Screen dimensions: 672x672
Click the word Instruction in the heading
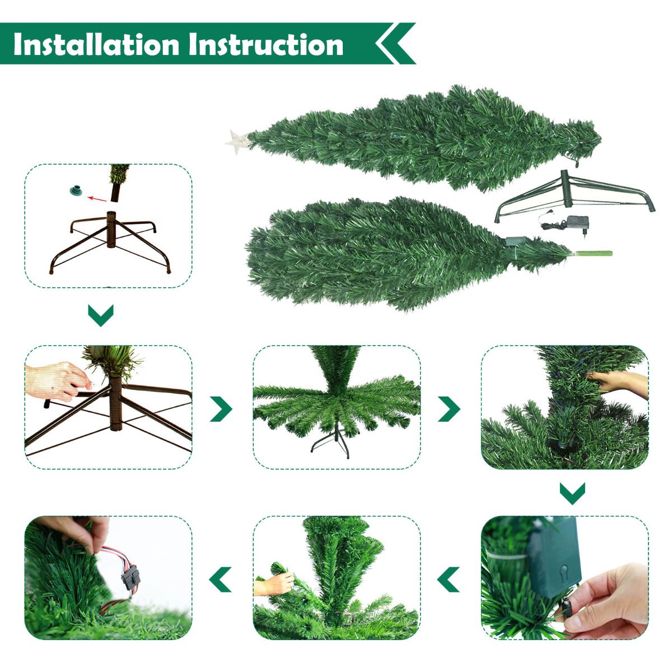point(266,44)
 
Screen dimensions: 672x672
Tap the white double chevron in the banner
point(395,43)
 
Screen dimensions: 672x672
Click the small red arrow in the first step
point(97,198)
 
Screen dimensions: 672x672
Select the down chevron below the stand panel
point(101,315)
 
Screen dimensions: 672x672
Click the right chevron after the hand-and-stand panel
point(221,409)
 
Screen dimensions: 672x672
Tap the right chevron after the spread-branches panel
point(449,409)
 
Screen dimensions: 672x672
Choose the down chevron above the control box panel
point(572,493)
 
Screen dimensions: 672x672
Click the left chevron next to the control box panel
point(449,579)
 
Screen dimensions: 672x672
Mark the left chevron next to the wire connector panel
point(221,579)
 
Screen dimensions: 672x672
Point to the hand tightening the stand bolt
point(56,381)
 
